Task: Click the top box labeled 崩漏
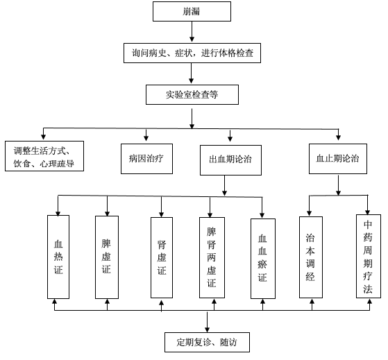coord(192,11)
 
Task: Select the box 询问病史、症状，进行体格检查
coord(192,53)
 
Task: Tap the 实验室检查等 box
coord(192,94)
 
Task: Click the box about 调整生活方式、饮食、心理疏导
coord(44,156)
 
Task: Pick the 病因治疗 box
coord(146,159)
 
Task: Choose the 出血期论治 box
coord(230,160)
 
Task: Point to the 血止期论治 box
coord(338,159)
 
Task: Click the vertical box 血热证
coord(58,257)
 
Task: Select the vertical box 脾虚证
coord(107,257)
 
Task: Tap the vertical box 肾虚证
coord(162,257)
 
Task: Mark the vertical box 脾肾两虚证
coord(212,257)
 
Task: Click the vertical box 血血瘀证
coord(263,259)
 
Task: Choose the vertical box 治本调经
coord(311,257)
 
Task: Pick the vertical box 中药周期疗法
coord(369,256)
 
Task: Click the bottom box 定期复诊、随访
coord(207,342)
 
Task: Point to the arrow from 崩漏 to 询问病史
coord(192,32)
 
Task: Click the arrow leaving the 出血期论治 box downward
coord(224,185)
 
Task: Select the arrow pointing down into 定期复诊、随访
coord(207,321)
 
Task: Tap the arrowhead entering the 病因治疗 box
coord(146,138)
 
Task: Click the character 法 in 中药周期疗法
coord(368,289)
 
